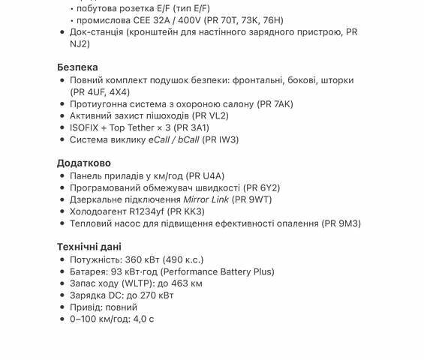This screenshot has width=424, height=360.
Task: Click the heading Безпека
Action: tap(77, 67)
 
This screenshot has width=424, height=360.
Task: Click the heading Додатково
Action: tap(84, 163)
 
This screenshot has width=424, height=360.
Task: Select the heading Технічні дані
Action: tap(89, 247)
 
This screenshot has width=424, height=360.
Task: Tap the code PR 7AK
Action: tap(275, 104)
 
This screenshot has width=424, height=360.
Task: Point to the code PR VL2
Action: tap(210, 116)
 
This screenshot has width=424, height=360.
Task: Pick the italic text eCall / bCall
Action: tap(174, 140)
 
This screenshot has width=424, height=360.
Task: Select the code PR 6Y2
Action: tap(262, 187)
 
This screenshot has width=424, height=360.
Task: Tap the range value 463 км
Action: tap(185, 283)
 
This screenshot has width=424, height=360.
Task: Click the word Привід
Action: tap(86, 307)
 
